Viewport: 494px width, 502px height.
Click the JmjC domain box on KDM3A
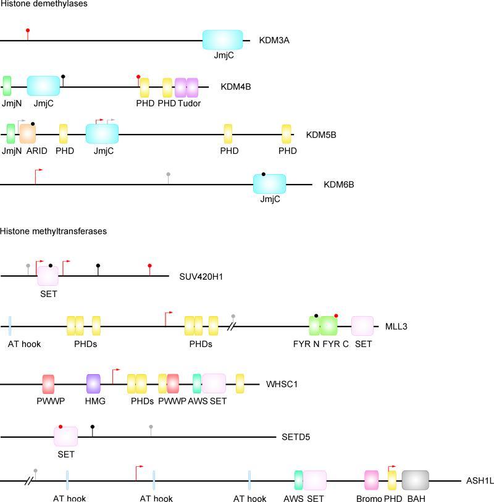222,40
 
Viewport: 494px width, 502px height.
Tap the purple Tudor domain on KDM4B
186,87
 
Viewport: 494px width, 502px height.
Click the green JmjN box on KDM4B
7,86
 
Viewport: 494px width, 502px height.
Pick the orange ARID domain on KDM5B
28,133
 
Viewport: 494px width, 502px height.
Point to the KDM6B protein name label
338,184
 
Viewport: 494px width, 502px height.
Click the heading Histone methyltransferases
54,232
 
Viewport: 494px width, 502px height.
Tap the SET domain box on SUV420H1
48,275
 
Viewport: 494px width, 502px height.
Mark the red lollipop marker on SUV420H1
149,266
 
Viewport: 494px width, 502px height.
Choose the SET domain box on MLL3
362,325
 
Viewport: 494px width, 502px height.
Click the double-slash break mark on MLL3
232,325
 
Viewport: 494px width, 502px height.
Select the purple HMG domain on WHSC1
93,383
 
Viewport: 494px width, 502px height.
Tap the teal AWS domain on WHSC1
197,383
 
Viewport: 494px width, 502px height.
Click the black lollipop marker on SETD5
93,427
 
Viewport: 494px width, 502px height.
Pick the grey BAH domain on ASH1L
415,480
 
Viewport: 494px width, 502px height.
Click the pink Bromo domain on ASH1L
371,480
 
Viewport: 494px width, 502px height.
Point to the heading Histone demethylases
44,4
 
